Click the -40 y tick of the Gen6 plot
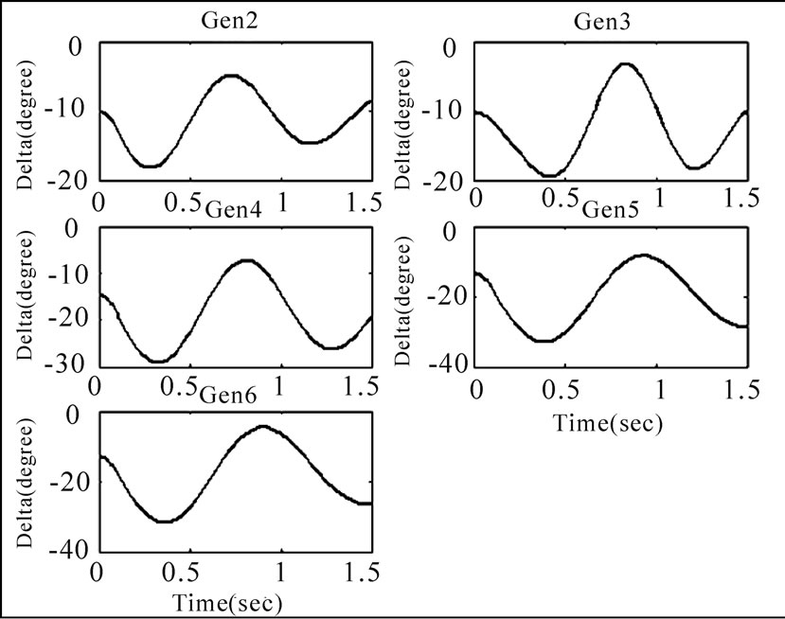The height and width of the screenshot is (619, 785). click(x=73, y=549)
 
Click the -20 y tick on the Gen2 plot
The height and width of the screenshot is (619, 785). click(x=73, y=179)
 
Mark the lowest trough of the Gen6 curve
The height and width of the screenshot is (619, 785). click(x=164, y=522)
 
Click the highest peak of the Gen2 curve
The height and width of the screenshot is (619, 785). click(x=231, y=76)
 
